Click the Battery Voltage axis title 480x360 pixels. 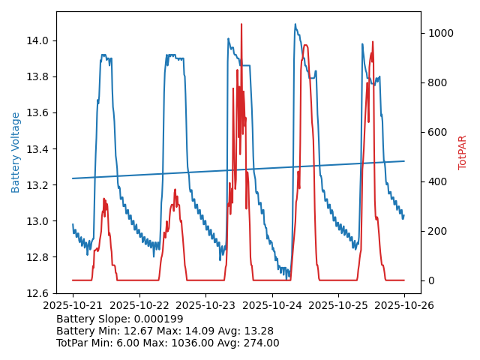[x=16, y=152]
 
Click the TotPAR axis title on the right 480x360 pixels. [x=463, y=152]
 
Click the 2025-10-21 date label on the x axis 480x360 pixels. [x=73, y=305]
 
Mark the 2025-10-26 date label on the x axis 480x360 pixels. [x=404, y=305]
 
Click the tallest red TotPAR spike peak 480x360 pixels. [x=241, y=24]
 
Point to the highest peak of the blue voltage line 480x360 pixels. [x=295, y=25]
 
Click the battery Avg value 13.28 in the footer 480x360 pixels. [x=258, y=331]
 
